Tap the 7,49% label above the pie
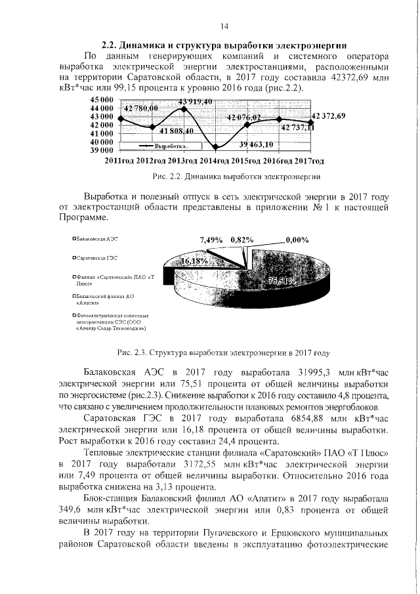click(211, 240)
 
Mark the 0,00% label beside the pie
click(296, 240)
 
